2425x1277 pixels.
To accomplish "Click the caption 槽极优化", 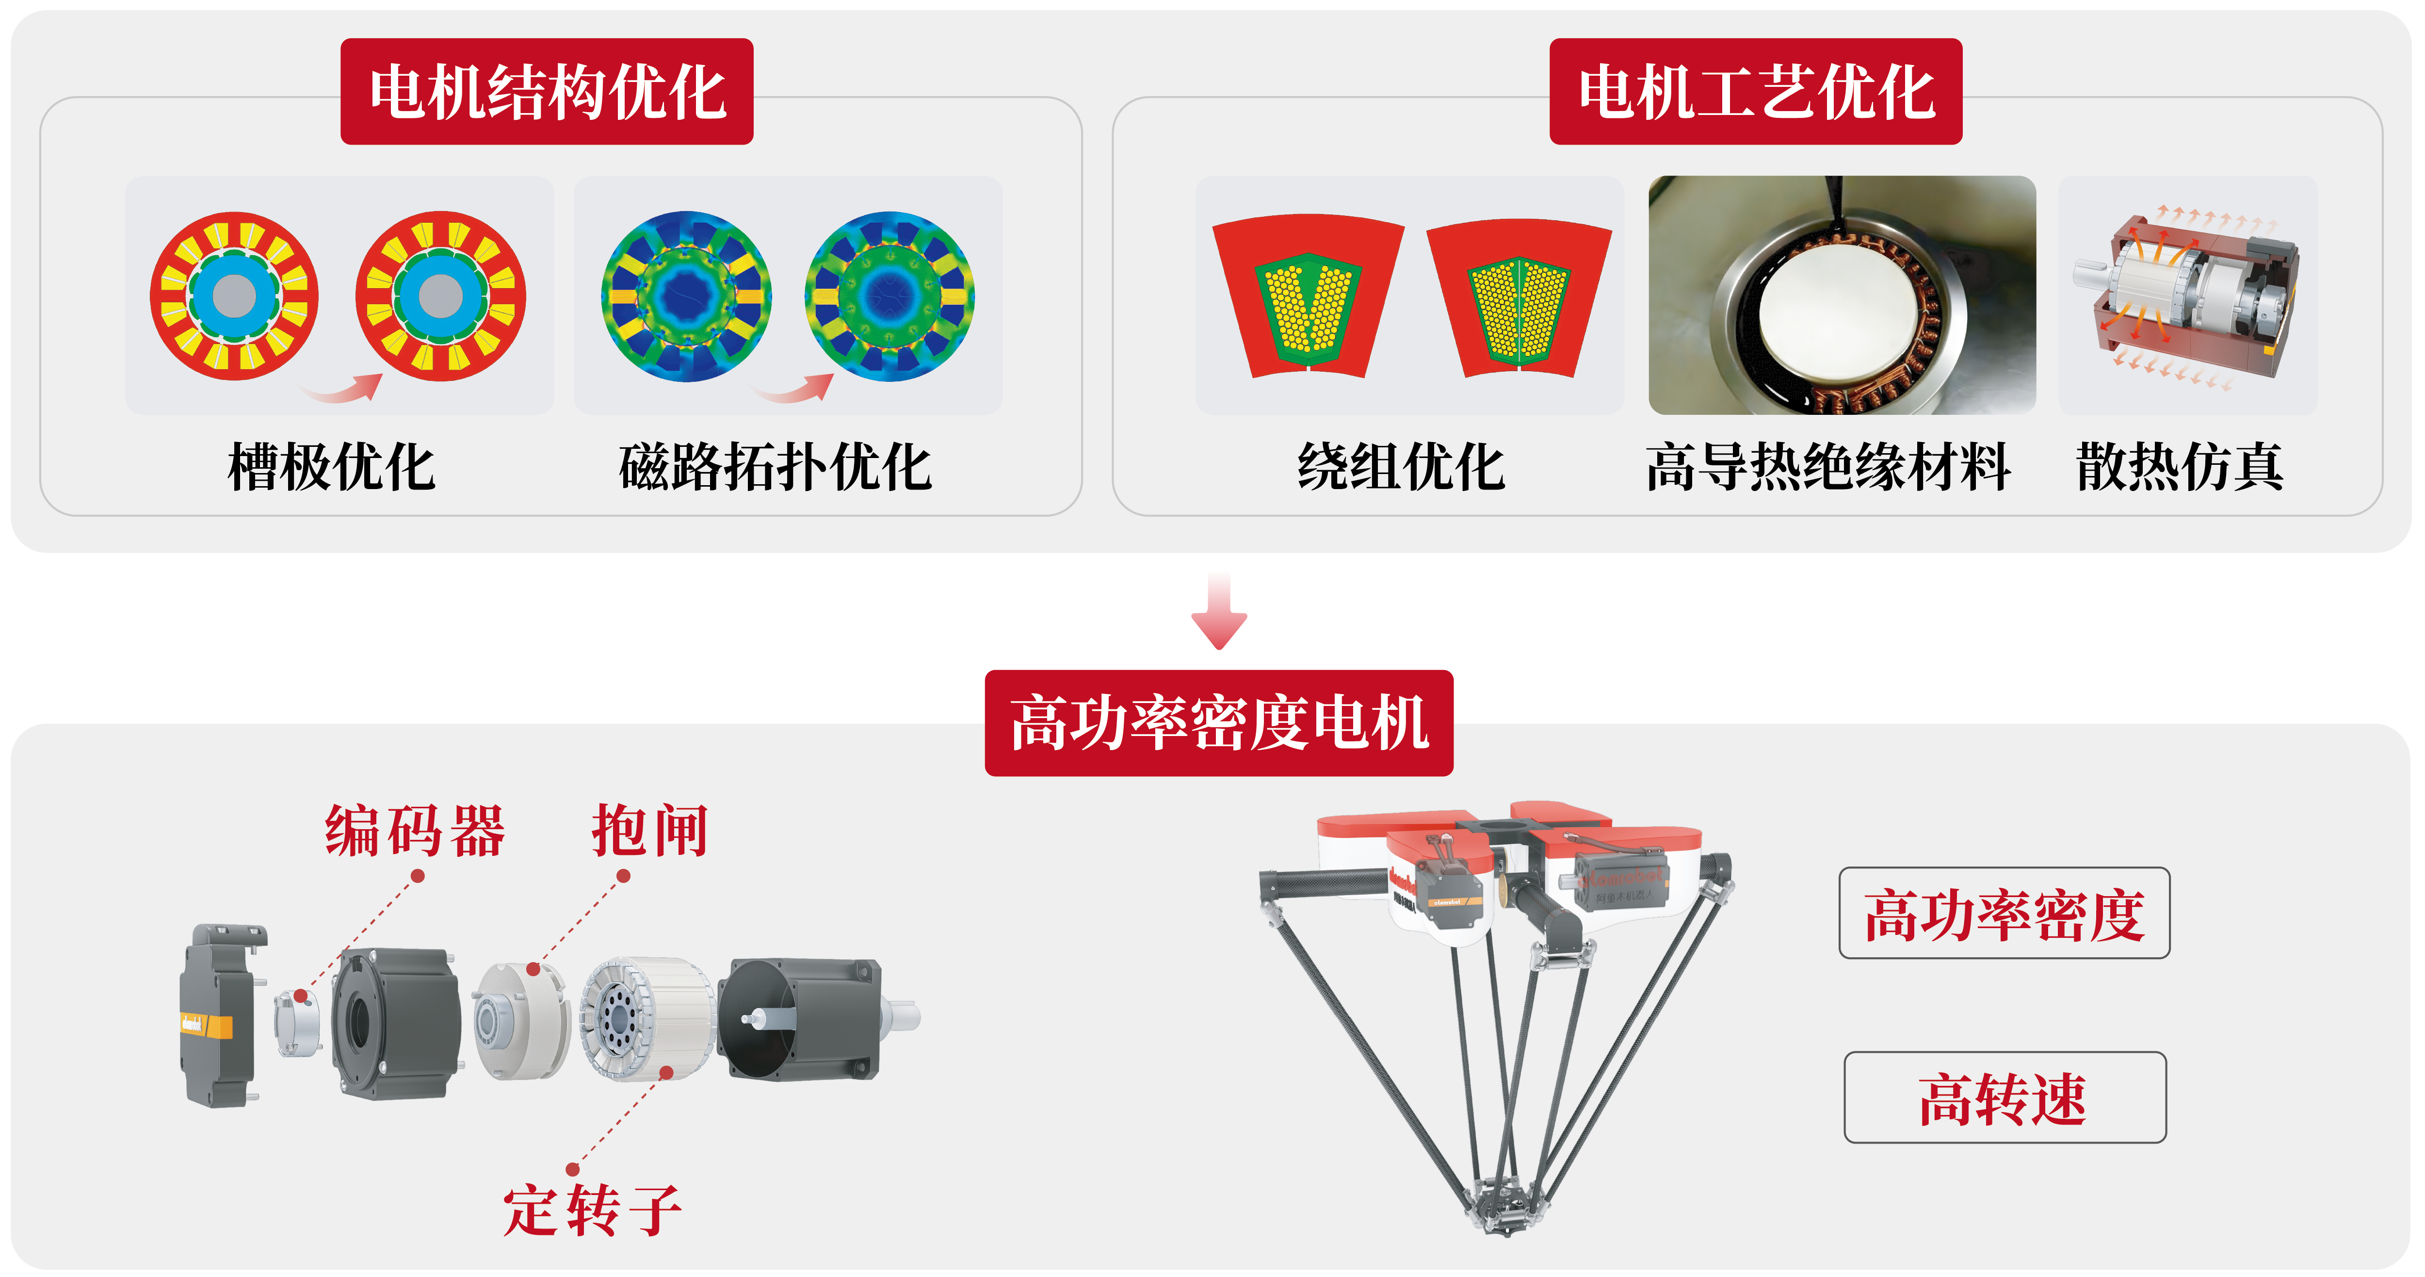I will click(x=331, y=467).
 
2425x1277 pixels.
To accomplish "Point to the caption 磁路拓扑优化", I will click(x=775, y=467).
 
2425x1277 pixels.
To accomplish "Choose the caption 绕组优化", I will click(x=1401, y=467).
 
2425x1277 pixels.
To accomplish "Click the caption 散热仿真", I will click(x=2179, y=467).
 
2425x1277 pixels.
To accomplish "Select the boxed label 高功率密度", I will click(x=2004, y=914).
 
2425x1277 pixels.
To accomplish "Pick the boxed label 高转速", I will click(x=2004, y=1098).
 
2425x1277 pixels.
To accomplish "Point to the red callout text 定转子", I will click(x=592, y=1210).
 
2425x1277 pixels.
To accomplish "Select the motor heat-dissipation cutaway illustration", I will click(x=2187, y=295).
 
